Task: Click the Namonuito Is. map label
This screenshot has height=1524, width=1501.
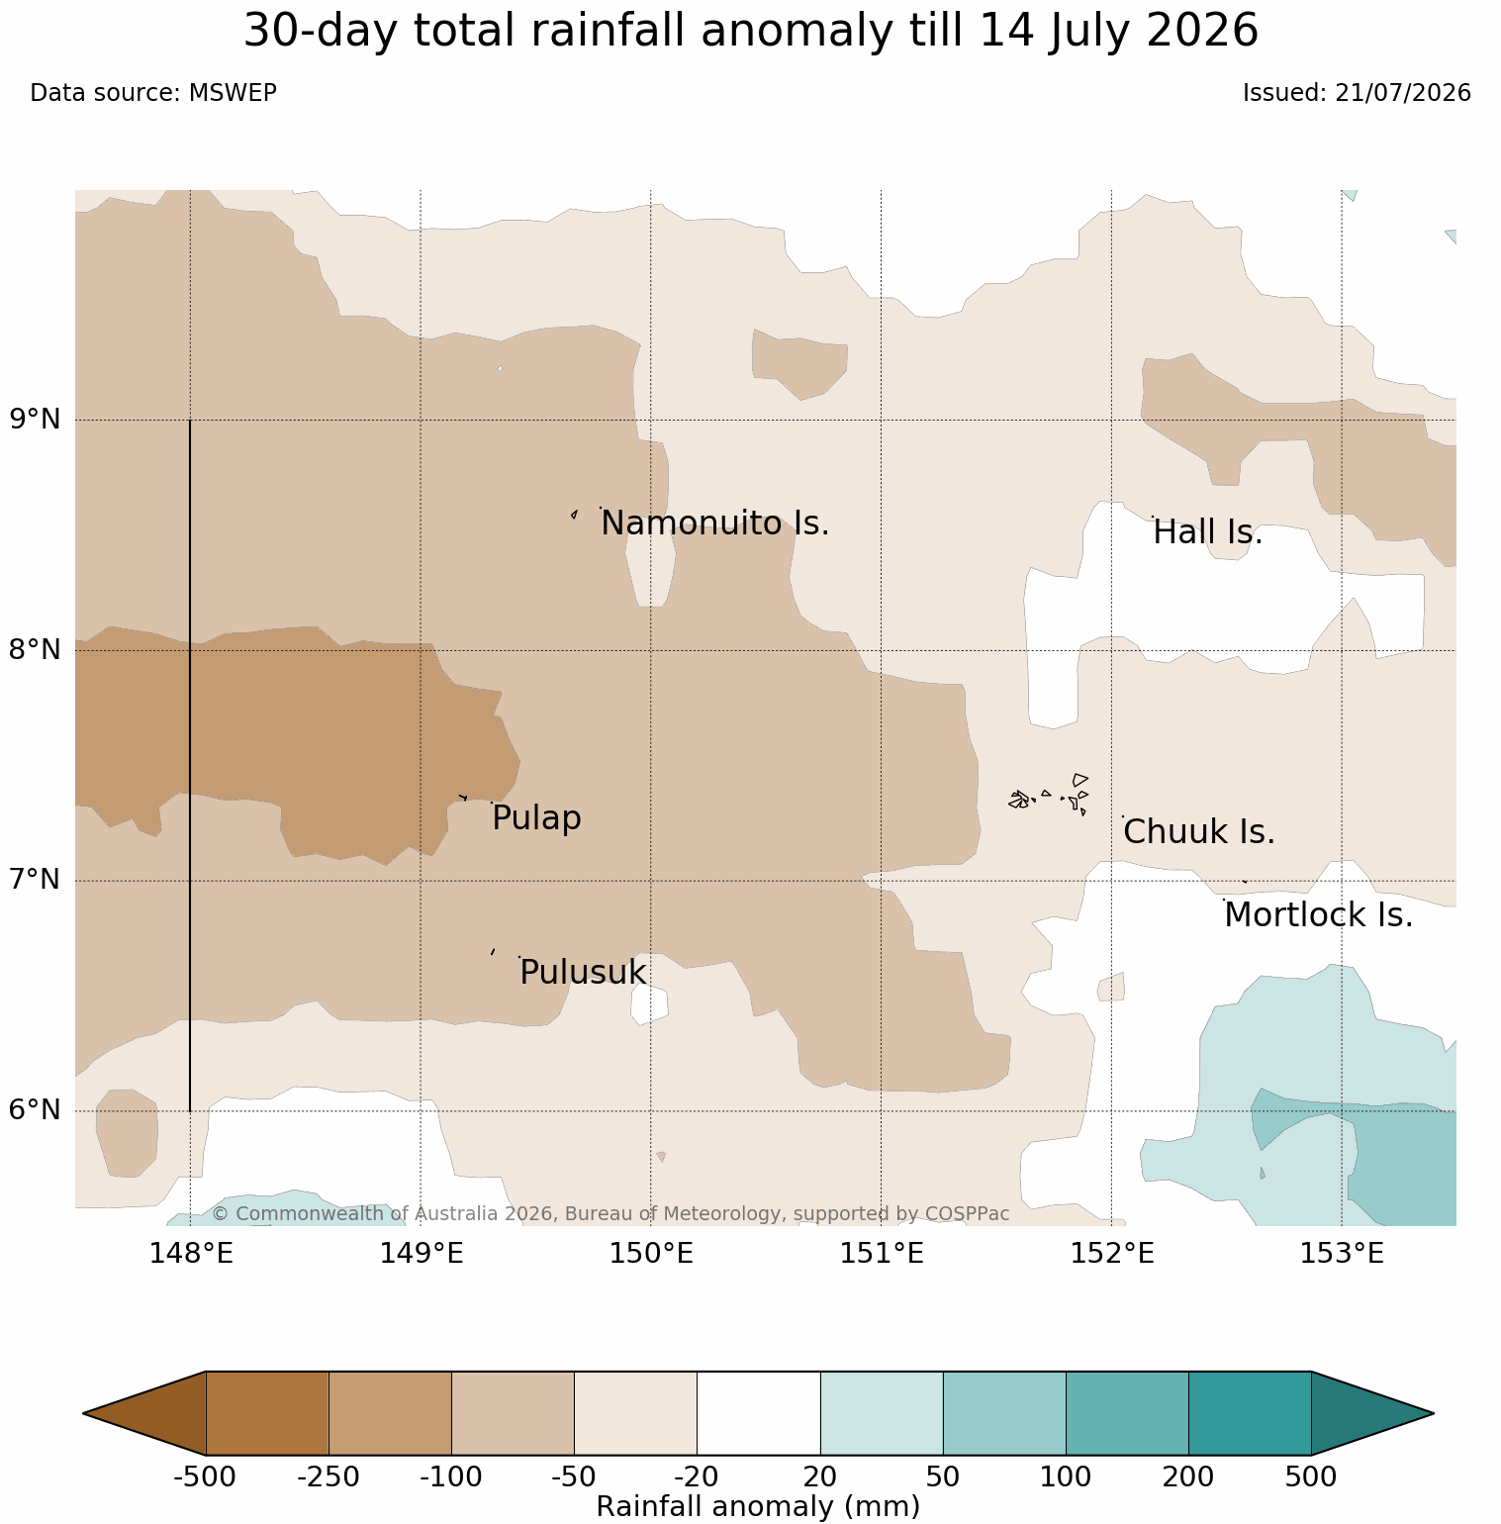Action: (x=714, y=524)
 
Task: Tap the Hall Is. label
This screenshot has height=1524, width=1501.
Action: (x=1208, y=532)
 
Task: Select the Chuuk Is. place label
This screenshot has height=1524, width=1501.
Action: (x=1199, y=832)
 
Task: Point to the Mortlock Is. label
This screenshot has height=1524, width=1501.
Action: (x=1318, y=915)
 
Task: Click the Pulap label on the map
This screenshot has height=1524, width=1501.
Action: (x=536, y=819)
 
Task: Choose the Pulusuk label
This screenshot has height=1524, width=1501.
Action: (x=583, y=973)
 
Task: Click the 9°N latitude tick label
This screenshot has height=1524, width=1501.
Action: (x=36, y=420)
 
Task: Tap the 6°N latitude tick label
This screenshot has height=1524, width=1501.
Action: (x=36, y=1110)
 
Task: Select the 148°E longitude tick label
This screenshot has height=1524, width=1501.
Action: (x=191, y=1254)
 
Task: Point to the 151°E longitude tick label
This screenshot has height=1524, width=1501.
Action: (x=882, y=1254)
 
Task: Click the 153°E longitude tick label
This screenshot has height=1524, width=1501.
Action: (x=1342, y=1254)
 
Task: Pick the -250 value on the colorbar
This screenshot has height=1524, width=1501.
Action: (x=328, y=1477)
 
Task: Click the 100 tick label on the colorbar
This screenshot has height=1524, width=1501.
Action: (x=1066, y=1477)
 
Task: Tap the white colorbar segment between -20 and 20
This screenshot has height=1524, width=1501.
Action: (x=759, y=1413)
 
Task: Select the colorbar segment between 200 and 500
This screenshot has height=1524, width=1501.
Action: (x=1250, y=1413)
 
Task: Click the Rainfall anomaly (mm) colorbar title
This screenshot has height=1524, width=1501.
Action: (x=759, y=1506)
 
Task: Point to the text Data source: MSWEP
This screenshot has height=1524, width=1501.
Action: (x=153, y=93)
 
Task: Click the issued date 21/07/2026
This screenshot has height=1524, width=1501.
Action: (x=1403, y=93)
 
